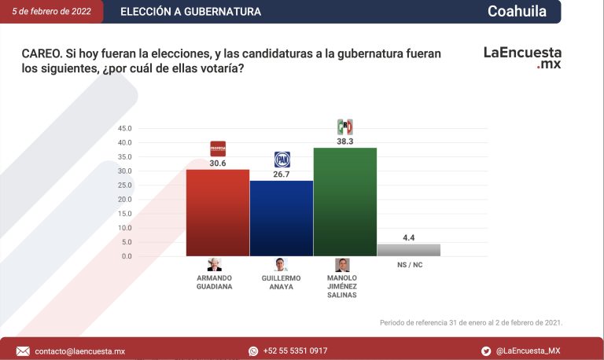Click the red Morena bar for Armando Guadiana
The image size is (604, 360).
pos(217,212)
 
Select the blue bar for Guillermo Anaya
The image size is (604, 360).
pos(281,218)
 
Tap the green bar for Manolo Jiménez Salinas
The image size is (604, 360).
pos(344,201)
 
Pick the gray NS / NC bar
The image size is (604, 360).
pos(408,250)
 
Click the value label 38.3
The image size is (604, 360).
pos(344,141)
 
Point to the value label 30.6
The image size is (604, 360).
pos(218,163)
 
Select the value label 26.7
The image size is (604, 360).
pos(282,174)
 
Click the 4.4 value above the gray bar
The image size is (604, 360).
pos(409,237)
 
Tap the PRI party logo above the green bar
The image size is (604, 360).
pos(344,127)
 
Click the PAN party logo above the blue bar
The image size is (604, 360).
pos(282,160)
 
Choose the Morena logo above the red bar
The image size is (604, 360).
pos(218,149)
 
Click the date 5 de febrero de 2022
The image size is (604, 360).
pos(50,12)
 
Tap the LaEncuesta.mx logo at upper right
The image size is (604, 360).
pos(522,58)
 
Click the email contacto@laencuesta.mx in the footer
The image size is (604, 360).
pos(79,351)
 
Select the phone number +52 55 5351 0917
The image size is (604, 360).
pos(295,351)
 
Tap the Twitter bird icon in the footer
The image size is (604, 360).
pos(486,351)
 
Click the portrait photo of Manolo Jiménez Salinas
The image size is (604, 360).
pos(342,265)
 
